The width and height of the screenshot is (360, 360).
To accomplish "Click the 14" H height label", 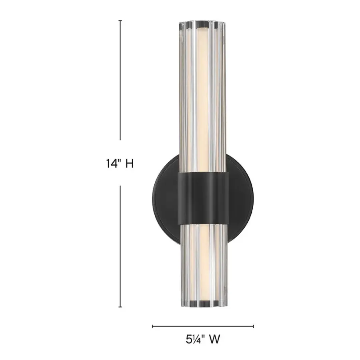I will (120, 163).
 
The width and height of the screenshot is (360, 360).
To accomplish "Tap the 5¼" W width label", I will (203, 340).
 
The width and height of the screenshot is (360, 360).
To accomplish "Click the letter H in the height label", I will (129, 163).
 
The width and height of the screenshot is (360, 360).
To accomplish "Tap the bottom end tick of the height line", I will (120, 307).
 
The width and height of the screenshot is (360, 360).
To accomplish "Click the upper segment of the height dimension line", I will (120, 80).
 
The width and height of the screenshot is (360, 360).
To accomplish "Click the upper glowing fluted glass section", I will (203, 100).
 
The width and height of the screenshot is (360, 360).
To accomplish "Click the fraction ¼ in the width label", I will (197, 340).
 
